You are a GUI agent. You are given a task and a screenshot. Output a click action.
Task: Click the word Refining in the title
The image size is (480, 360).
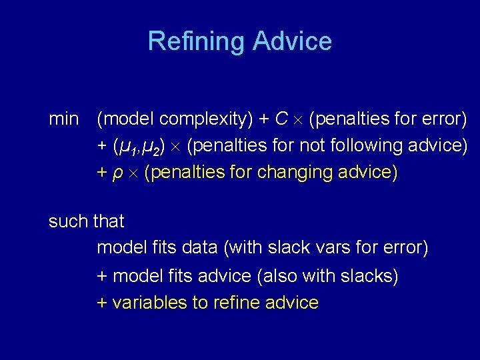197,41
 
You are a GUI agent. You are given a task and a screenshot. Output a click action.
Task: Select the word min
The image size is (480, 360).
63,119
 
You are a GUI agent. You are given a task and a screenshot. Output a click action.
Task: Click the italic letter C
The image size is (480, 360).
281,119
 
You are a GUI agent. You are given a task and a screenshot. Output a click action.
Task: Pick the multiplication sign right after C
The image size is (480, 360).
299,121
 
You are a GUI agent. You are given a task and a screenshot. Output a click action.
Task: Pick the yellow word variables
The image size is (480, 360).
150,303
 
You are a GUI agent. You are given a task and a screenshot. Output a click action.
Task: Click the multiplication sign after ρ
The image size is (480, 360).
133,173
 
